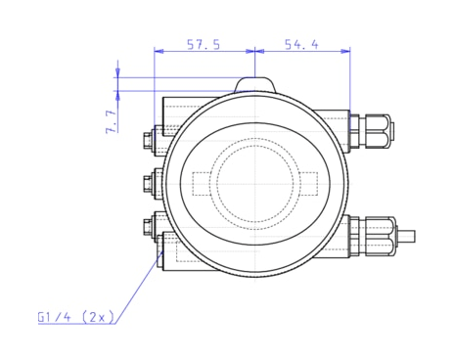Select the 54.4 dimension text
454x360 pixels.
click(x=301, y=45)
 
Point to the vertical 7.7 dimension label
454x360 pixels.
click(x=112, y=120)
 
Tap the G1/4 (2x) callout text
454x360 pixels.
click(x=76, y=317)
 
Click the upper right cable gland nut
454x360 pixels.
click(x=376, y=127)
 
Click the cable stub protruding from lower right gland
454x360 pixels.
click(x=406, y=235)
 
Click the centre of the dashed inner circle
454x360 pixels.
click(x=254, y=183)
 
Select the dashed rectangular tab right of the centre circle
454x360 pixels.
click(x=305, y=183)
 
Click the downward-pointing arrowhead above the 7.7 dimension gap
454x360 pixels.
click(x=118, y=72)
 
